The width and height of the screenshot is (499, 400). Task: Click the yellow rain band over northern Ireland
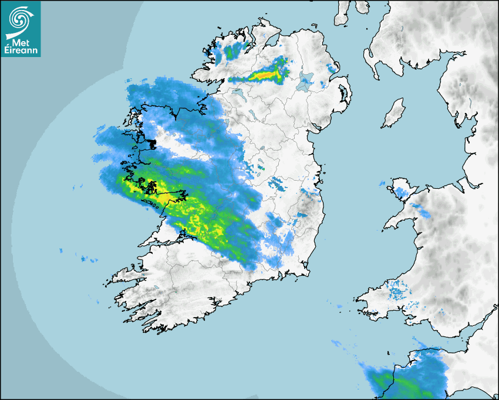pos(267,74)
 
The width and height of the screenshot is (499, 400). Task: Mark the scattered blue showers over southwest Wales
pos(399,291)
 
